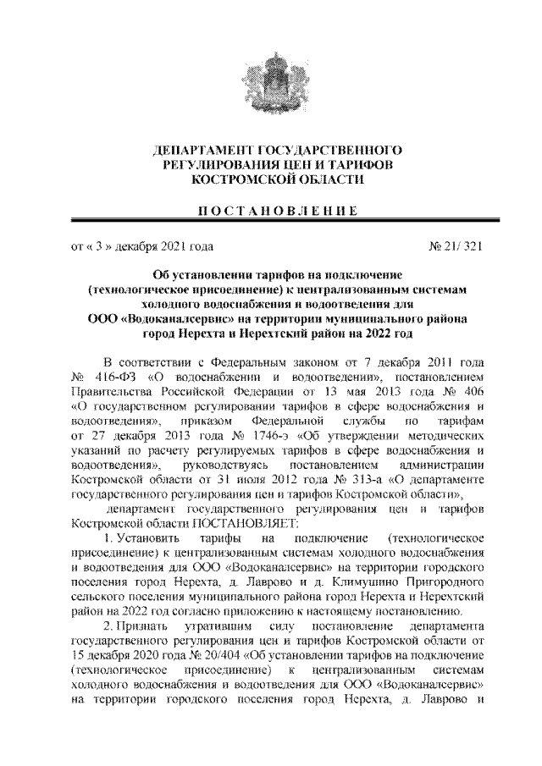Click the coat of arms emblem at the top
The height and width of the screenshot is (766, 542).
[270, 80]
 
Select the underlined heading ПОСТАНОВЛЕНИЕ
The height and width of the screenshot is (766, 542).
[270, 210]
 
